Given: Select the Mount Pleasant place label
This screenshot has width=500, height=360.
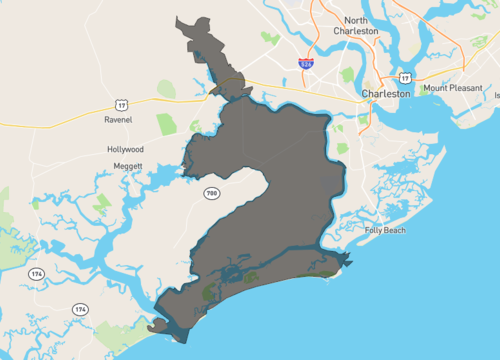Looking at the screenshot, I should (x=449, y=88).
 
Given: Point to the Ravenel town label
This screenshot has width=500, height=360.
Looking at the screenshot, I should (x=118, y=119).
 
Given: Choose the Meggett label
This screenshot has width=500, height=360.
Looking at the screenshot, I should (x=127, y=166).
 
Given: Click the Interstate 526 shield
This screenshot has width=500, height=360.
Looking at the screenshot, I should (x=306, y=63).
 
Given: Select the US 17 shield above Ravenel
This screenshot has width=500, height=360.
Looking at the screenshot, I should (x=120, y=103).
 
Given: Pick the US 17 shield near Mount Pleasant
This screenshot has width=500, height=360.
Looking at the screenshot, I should (x=404, y=76).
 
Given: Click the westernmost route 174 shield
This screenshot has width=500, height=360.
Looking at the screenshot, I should (x=36, y=273).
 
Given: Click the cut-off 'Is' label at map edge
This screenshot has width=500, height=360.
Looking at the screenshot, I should (x=496, y=97).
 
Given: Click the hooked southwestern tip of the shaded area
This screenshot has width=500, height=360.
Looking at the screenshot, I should (x=153, y=327).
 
